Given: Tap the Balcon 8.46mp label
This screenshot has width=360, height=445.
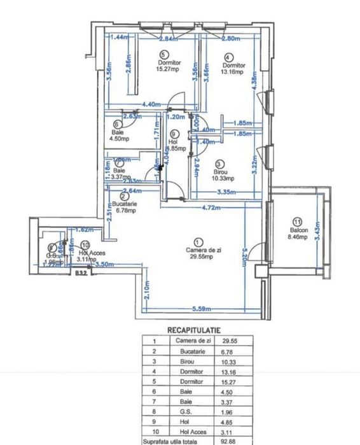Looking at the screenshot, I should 298,233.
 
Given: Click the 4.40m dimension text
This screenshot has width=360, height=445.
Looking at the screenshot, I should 151,104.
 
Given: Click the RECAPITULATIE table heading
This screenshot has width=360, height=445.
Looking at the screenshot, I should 193,331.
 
